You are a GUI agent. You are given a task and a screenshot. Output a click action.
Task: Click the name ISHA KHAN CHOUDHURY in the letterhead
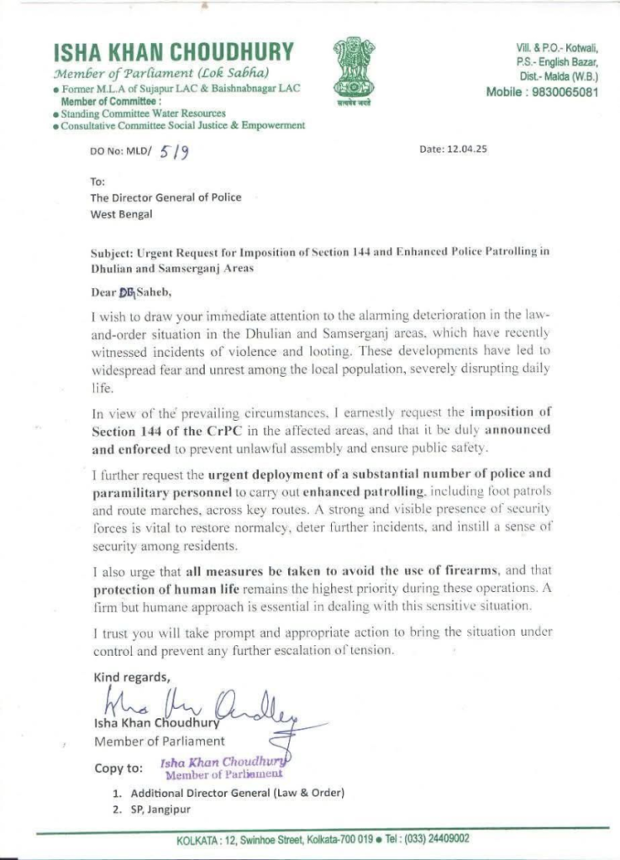pyautogui.click(x=174, y=52)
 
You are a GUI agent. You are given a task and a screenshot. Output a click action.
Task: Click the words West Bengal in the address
pyautogui.click(x=121, y=214)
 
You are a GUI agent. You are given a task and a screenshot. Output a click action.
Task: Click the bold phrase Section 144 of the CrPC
pyautogui.click(x=160, y=431)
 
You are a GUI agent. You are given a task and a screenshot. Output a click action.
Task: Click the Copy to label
pyautogui.click(x=118, y=767)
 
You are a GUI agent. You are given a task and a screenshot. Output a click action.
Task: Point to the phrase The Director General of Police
pyautogui.click(x=166, y=197)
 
